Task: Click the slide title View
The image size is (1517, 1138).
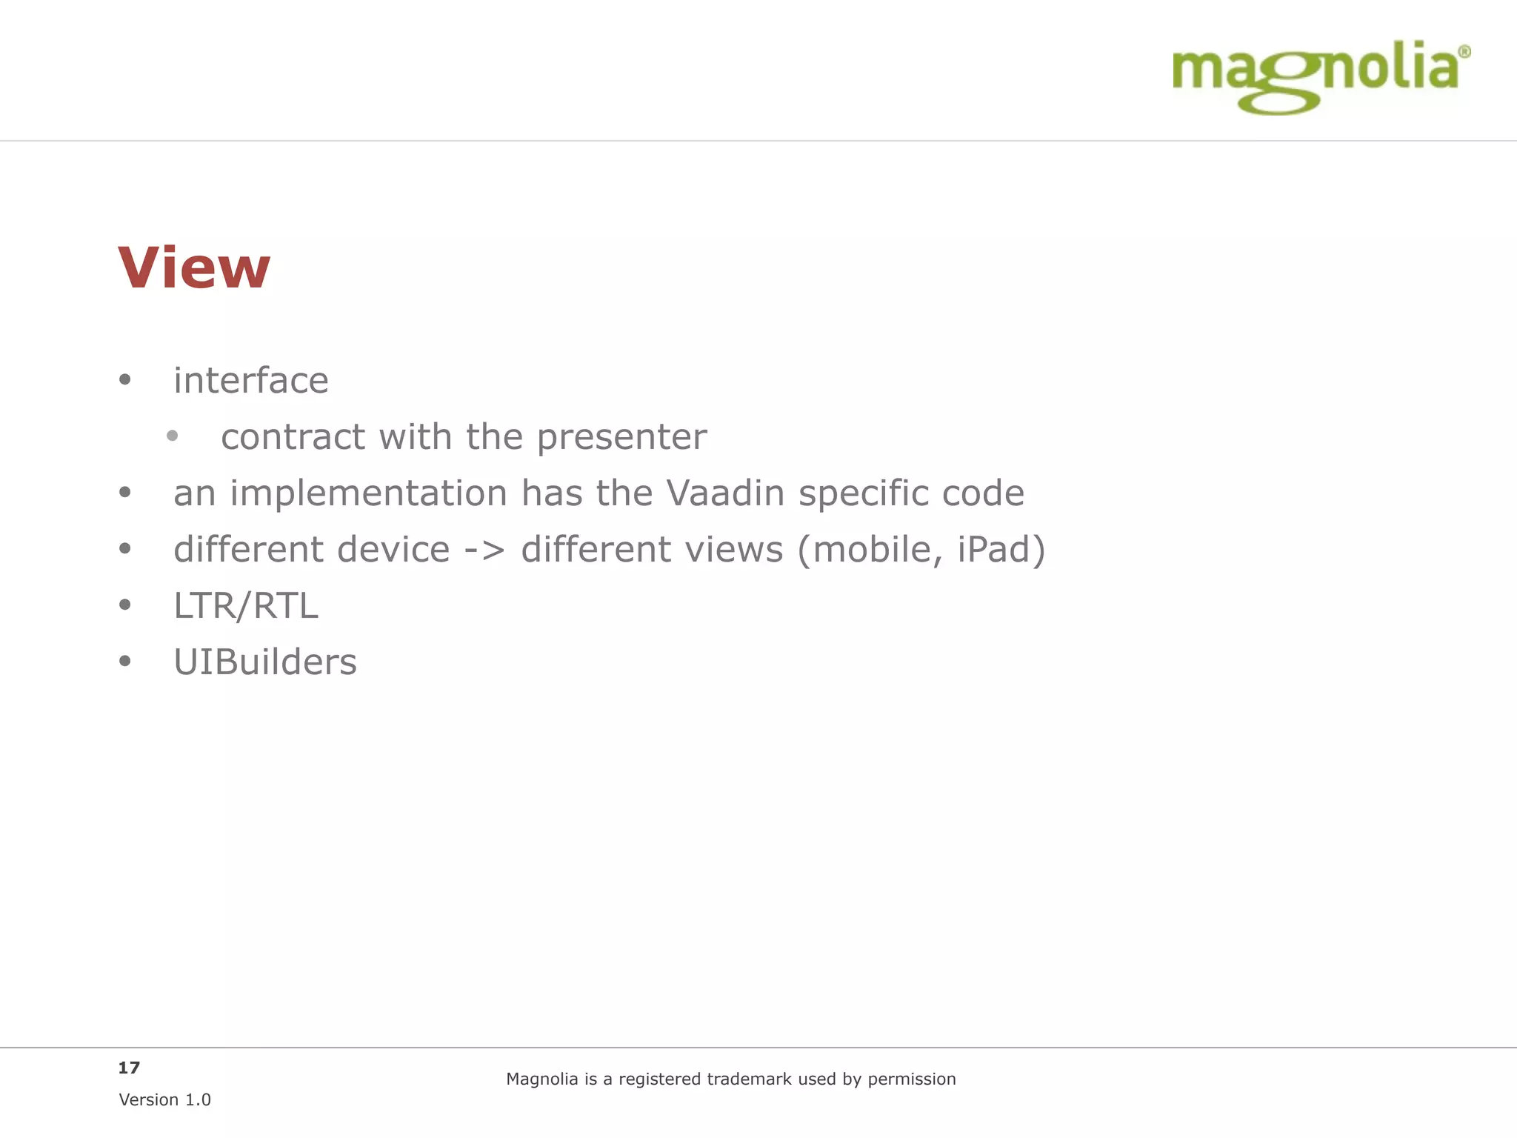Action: [x=194, y=267]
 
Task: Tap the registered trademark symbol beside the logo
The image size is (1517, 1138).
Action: [x=1464, y=52]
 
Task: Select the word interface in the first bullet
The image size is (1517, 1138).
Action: [x=251, y=381]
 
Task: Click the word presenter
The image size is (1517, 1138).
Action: [x=621, y=437]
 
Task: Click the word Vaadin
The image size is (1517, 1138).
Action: [x=725, y=493]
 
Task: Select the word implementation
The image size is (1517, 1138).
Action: [x=368, y=493]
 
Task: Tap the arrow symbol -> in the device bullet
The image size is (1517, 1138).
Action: [x=484, y=550]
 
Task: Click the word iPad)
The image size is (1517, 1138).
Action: [x=1001, y=550]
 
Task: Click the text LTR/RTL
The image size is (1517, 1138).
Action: [x=246, y=606]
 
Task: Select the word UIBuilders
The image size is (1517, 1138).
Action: [x=265, y=662]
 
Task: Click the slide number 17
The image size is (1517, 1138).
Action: [x=129, y=1068]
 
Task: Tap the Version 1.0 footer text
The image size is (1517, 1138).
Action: [x=164, y=1099]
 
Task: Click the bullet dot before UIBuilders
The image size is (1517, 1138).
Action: [x=125, y=661]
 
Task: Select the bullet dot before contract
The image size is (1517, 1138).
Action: [x=173, y=436]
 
